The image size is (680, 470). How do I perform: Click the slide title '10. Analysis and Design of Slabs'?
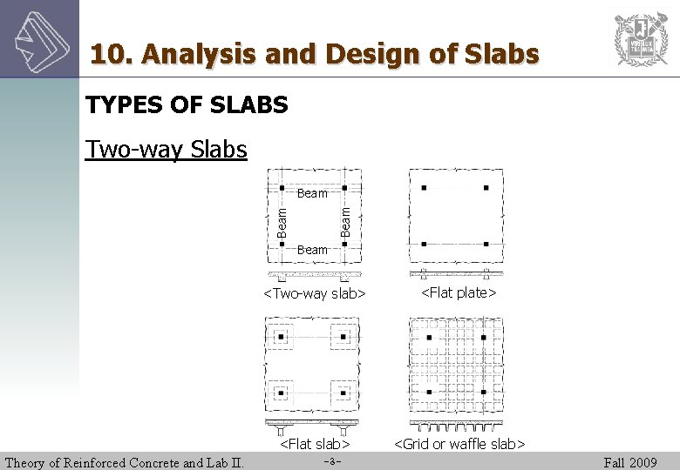click(x=315, y=55)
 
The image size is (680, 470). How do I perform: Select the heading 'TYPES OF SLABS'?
click(x=187, y=105)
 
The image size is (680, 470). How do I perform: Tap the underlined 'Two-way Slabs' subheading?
click(x=167, y=150)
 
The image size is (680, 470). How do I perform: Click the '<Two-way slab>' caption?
click(x=314, y=293)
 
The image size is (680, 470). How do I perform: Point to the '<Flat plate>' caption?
click(x=459, y=292)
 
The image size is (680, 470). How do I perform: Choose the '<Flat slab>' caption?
click(x=314, y=445)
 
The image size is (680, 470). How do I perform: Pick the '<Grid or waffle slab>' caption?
click(x=459, y=445)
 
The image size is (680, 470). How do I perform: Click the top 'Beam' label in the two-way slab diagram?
click(x=312, y=193)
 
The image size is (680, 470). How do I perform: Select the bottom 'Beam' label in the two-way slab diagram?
click(x=312, y=250)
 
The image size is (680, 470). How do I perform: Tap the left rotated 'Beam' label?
click(x=282, y=220)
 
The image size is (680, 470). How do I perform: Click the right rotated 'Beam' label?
click(x=345, y=219)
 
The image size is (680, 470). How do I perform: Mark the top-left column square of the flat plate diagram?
click(x=423, y=187)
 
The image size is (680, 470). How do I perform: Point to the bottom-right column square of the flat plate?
click(x=486, y=245)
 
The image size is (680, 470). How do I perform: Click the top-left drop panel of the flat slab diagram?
click(x=281, y=336)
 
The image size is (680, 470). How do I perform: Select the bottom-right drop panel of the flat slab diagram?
click(x=343, y=393)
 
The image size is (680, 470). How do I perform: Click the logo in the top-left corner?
click(x=39, y=38)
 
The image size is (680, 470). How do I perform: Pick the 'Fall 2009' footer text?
click(x=630, y=462)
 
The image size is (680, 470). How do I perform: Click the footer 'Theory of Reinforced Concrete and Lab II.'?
click(x=125, y=462)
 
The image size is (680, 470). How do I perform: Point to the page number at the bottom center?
click(x=330, y=462)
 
